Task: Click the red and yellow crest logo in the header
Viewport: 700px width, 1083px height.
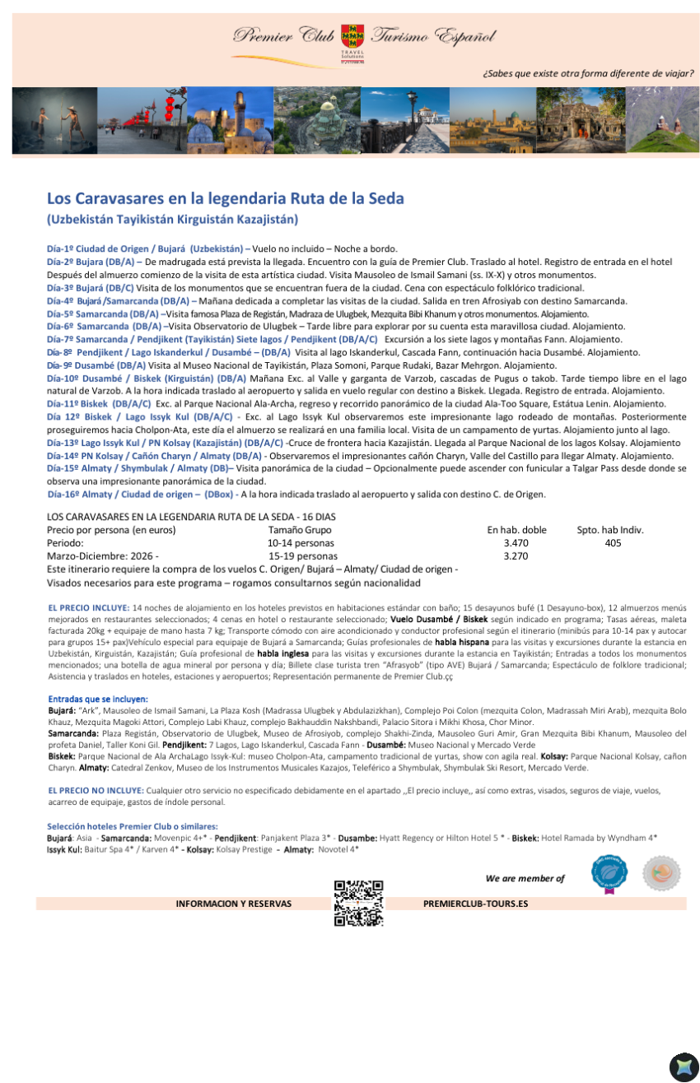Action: [x=352, y=36]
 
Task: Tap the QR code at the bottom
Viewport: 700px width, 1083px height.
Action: [x=358, y=903]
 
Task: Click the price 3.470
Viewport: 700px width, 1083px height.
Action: [x=516, y=543]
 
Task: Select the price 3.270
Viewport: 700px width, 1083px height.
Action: [x=516, y=556]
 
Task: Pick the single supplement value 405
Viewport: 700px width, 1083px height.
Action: [x=613, y=543]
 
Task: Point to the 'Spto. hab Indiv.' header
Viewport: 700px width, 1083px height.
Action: [x=610, y=530]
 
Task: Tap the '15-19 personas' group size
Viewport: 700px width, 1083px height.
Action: [x=302, y=556]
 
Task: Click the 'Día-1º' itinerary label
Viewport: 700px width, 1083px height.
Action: [x=61, y=249]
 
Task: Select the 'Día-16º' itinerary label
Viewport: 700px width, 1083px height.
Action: [x=65, y=495]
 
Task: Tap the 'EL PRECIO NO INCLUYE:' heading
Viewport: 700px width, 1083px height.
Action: [x=96, y=790]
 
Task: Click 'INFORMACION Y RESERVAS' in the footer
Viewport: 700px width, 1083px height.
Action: [x=234, y=904]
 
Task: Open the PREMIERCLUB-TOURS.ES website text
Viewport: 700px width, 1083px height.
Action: [x=475, y=904]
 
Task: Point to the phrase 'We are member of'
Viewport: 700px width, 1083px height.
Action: [x=525, y=878]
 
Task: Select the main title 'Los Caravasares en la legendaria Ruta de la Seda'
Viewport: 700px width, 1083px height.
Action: [x=225, y=199]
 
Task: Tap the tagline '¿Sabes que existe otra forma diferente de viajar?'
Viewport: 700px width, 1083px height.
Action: [x=588, y=73]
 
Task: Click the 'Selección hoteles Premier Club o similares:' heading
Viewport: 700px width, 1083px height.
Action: [x=132, y=826]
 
